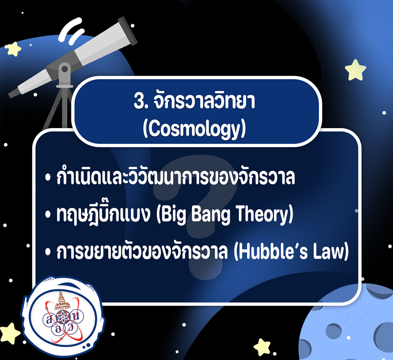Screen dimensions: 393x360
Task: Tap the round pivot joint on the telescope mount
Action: pyautogui.click(x=65, y=69)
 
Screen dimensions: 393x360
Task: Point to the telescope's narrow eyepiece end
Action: pyautogui.click(x=13, y=93)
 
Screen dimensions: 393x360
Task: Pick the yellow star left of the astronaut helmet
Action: pyautogui.click(x=9, y=333)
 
